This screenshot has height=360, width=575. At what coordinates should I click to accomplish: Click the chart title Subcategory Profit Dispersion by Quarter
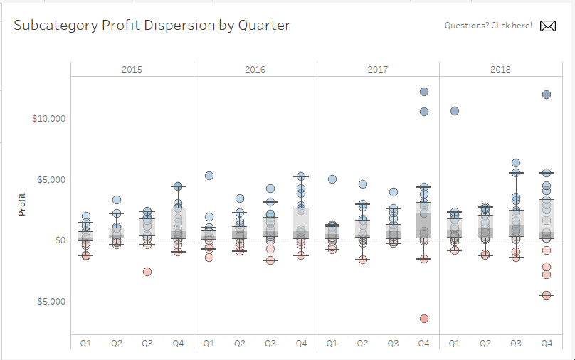(x=152, y=26)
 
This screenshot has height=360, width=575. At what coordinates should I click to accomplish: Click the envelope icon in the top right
(x=548, y=26)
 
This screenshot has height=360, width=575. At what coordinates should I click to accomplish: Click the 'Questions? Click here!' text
(x=488, y=26)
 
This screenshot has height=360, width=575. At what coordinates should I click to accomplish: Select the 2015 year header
(x=132, y=70)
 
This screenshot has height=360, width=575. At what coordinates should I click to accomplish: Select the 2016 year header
(x=255, y=70)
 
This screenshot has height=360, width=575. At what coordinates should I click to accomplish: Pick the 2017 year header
(x=378, y=70)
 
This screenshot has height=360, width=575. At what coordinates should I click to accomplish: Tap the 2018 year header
(x=500, y=70)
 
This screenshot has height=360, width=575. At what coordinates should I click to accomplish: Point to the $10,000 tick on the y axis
(x=49, y=118)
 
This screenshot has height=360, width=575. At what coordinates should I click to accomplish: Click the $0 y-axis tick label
(x=60, y=240)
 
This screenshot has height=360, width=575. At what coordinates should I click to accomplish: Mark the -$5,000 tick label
(x=50, y=301)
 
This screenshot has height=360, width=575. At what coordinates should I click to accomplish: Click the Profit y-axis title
(x=23, y=205)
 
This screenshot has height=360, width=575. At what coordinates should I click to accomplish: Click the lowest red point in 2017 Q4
(x=424, y=319)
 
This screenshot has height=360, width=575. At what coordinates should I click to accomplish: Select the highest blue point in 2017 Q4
(x=424, y=92)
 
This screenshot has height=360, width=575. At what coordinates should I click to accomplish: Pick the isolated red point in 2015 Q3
(x=147, y=272)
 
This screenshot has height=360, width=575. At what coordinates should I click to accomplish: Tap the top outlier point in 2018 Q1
(x=455, y=111)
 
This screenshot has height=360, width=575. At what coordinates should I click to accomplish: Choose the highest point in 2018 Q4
(x=547, y=95)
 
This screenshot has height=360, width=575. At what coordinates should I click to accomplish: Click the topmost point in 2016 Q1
(x=209, y=176)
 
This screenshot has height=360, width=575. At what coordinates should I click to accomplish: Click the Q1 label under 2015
(x=86, y=344)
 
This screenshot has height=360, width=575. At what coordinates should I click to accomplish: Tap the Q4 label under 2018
(x=547, y=344)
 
